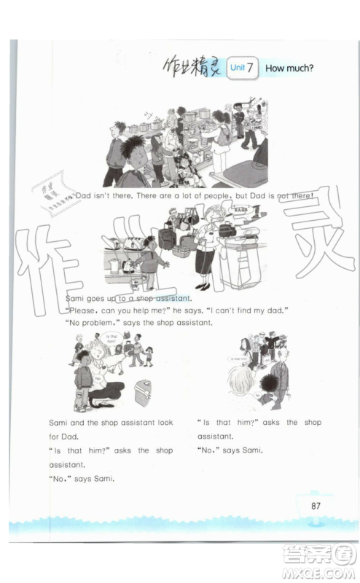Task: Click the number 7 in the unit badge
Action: coord(250,69)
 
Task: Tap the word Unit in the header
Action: coord(237,69)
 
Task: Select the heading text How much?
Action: coord(289,69)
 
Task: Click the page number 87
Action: coord(316,506)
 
